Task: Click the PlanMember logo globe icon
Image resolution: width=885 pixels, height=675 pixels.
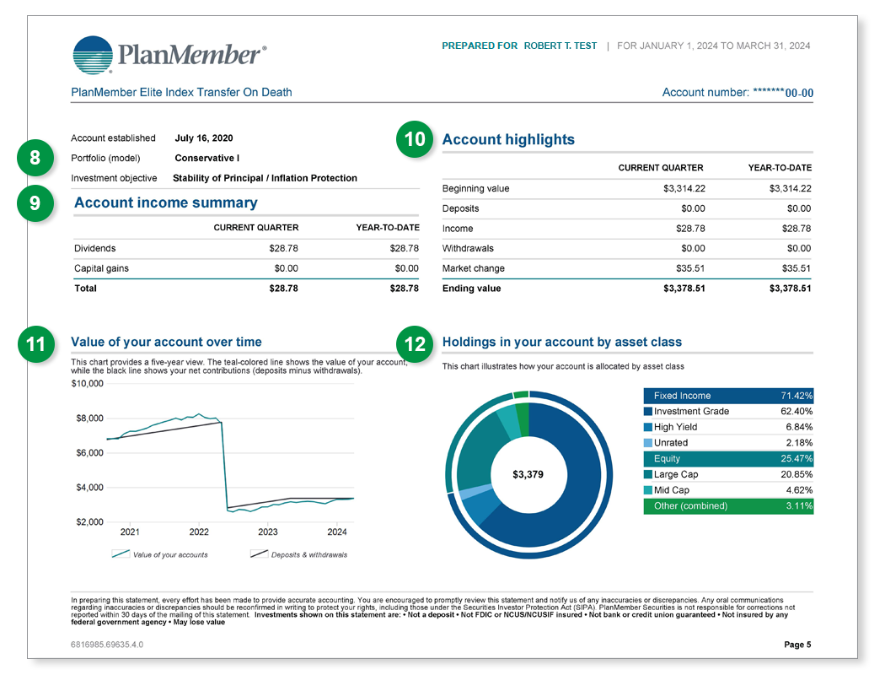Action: point(94,56)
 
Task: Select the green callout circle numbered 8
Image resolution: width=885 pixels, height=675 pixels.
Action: point(35,158)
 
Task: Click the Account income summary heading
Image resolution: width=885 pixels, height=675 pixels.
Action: point(166,203)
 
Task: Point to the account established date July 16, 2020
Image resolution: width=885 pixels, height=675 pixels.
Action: point(204,138)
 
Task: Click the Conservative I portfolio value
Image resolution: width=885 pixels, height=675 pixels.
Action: point(207,158)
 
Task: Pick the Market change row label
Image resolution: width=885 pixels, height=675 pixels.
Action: point(474,268)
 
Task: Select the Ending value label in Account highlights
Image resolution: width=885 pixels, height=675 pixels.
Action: point(471,289)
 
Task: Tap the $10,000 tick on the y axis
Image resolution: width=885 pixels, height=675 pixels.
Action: point(87,384)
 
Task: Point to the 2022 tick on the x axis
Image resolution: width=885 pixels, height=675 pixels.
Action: point(199,532)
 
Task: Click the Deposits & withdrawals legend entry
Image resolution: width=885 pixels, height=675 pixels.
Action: point(299,554)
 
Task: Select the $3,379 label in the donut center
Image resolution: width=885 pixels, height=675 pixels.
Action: point(528,475)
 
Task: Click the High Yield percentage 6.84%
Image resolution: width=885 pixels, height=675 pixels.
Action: point(796,427)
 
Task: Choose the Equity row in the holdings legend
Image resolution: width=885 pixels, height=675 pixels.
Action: point(728,459)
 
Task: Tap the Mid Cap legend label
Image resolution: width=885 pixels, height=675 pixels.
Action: point(672,490)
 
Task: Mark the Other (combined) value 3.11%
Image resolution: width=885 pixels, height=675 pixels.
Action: point(796,506)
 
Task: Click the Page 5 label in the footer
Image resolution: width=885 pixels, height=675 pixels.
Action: point(797,645)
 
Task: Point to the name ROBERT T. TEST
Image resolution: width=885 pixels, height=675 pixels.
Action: point(560,46)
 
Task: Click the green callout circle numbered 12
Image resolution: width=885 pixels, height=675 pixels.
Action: point(415,343)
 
